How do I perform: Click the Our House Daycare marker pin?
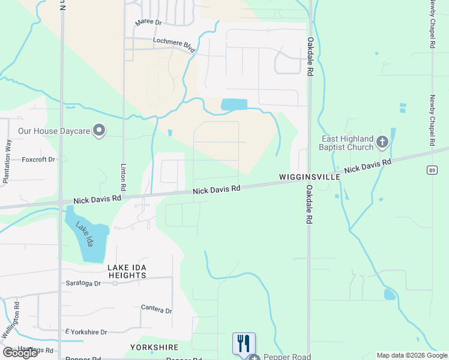pos(100,130)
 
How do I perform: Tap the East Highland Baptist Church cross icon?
pos(382,143)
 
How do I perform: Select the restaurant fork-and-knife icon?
pos(244,344)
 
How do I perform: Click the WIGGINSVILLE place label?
pos(310,178)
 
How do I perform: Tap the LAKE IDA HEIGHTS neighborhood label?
pos(127,271)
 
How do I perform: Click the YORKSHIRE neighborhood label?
pos(154,347)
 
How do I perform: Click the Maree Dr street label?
pos(149,22)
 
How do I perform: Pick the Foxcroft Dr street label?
pos(38,160)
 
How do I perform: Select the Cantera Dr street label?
pos(156,310)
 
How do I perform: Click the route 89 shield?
pos(432,171)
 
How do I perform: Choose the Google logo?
pos(20,352)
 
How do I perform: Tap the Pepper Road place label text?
pos(287,357)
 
